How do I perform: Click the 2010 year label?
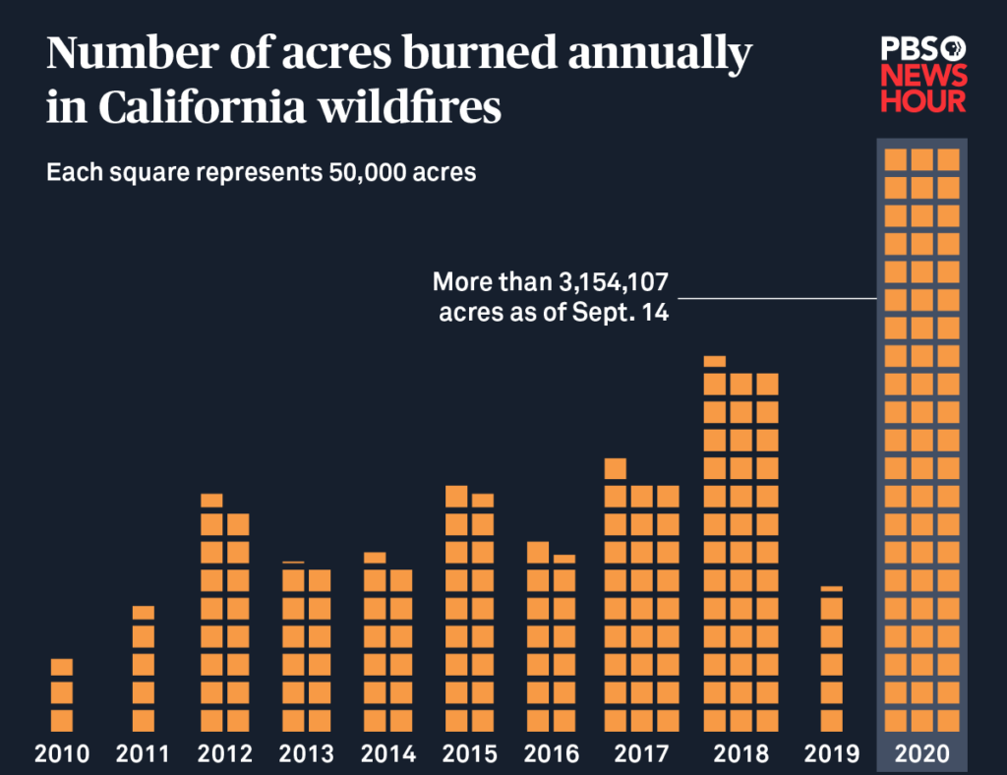(x=62, y=754)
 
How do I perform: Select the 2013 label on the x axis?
(x=306, y=754)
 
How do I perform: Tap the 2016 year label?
(x=551, y=754)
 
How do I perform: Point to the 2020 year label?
(x=922, y=754)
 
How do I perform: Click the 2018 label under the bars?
(x=740, y=754)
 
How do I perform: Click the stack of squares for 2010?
(x=62, y=695)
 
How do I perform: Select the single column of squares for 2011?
(x=144, y=669)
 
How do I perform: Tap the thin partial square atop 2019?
(x=832, y=588)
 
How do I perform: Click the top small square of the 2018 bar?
(x=715, y=361)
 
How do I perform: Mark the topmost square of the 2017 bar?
(x=616, y=468)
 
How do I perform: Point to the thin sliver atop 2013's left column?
(x=293, y=563)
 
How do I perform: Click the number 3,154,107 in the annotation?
(x=612, y=283)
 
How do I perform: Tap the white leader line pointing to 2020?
(x=777, y=298)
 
